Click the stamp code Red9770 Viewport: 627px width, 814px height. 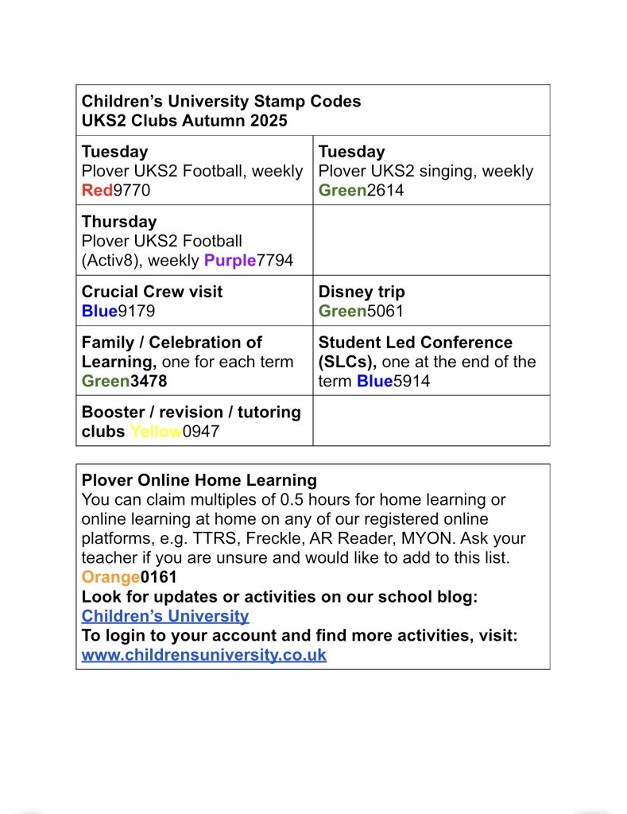click(115, 190)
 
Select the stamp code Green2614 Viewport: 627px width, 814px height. click(361, 190)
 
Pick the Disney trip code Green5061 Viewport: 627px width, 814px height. click(361, 311)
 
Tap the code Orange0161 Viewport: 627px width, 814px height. click(129, 576)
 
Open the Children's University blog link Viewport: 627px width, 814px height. click(165, 615)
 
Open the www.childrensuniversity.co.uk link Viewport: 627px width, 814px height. click(203, 655)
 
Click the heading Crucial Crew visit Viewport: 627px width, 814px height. click(152, 292)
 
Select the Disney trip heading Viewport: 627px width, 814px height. click(362, 292)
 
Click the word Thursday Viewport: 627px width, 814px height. click(119, 222)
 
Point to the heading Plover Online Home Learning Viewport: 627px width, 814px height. click(199, 480)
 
